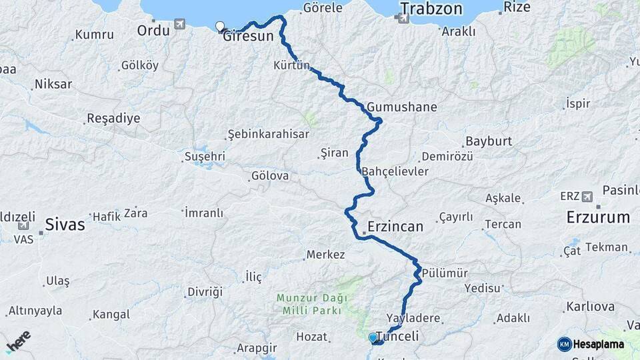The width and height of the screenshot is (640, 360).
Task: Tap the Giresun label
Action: [249, 37]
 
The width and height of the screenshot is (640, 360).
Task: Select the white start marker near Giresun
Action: [220, 27]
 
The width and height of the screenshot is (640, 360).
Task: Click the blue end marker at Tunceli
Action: [373, 337]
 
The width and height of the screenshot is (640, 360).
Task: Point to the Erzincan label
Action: [395, 227]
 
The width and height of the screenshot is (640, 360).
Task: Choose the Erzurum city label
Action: [598, 217]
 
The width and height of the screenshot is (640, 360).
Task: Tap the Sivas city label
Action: [65, 225]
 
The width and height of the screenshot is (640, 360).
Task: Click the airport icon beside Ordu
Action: [179, 25]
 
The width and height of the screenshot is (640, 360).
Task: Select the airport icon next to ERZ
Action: [587, 196]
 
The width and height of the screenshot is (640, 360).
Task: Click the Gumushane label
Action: [402, 107]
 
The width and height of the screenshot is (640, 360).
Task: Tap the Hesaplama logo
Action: [591, 344]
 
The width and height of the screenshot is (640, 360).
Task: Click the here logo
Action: [18, 341]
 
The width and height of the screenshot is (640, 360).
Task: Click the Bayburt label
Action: [489, 141]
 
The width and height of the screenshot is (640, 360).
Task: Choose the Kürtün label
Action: [292, 65]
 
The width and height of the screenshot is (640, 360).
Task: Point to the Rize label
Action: [517, 7]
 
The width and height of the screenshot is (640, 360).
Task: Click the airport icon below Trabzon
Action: [403, 18]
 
